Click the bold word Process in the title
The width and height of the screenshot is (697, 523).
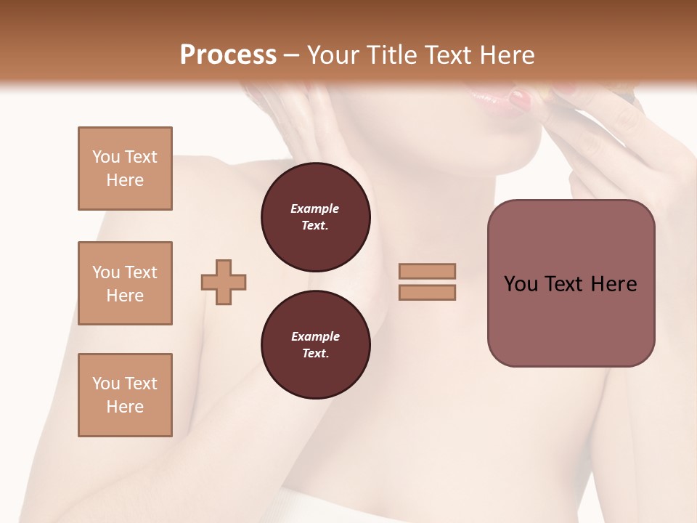coord(228,55)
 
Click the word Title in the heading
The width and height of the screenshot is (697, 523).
coord(393,55)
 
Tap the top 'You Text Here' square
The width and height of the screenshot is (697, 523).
coord(125,169)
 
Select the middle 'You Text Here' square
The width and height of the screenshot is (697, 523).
coord(125,283)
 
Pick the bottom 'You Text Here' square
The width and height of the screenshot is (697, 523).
coord(125,394)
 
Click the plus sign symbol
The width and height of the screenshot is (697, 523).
coord(224,282)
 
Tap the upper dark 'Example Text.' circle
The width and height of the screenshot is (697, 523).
coord(315,216)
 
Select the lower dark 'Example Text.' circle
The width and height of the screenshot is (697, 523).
coord(315,344)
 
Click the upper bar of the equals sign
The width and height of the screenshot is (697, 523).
coord(427,271)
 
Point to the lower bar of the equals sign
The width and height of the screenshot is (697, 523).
coord(427,292)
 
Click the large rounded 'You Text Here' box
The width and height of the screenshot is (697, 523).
coord(571,283)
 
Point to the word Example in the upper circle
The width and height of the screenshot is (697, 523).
coord(315,208)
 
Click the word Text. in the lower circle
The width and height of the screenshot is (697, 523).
coord(315,353)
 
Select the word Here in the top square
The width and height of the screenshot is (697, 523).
coord(125,180)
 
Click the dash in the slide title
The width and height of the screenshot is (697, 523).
coord(292,55)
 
